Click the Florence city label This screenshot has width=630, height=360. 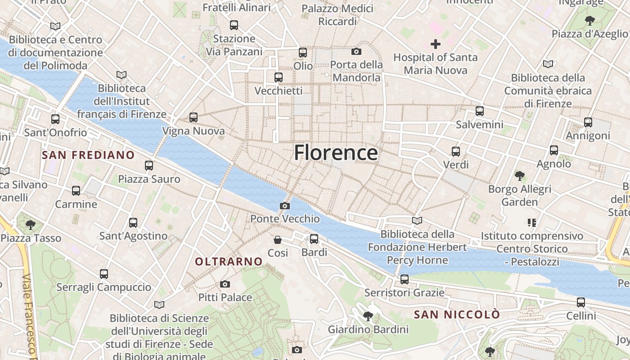pos(336,153)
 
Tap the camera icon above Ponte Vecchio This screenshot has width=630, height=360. pos(284,206)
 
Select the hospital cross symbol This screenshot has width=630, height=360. pos(435,44)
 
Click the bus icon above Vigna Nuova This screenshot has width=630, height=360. pos(193,117)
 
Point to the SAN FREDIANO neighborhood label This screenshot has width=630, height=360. pos(88,155)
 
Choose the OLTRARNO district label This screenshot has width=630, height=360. pos(229,261)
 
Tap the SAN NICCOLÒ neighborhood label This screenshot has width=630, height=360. pos(457,315)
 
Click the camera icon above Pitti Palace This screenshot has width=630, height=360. pos(225,284)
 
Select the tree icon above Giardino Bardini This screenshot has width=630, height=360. pos(368,316)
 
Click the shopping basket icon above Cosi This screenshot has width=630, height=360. pos(278,239)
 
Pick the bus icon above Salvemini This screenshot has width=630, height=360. pos(480,111)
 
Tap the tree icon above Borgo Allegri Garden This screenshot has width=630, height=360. pos(520,175)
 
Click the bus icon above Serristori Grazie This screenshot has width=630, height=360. pos(405,279)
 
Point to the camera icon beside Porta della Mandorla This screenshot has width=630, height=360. pos(356,52)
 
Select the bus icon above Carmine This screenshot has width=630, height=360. pos(76,191)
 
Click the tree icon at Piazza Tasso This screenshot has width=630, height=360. pos(31,224)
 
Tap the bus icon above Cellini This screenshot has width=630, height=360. pos(581,302)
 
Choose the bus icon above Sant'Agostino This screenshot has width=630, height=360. pos(133,222)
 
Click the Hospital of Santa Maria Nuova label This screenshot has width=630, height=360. pos(435,64)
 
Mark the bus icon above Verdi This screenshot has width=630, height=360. pos(456,152)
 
